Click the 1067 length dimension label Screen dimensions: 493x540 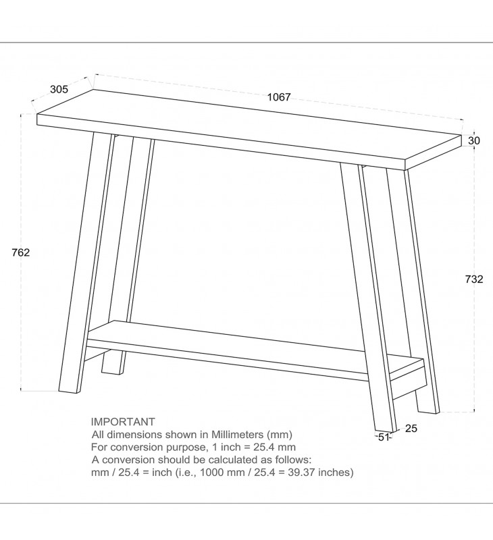279,97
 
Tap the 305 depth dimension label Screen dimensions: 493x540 59,89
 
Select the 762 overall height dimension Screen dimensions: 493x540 21,252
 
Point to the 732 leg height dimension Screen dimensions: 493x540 474,279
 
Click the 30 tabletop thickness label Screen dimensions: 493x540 474,140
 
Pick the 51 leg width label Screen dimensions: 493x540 384,437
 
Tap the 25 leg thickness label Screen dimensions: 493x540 411,429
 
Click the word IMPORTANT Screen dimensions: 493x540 123,421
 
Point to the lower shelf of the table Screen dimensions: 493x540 255,350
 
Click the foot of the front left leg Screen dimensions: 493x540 70,391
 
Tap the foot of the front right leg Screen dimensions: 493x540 386,431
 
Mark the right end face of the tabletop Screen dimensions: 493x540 434,153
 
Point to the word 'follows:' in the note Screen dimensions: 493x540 293,460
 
